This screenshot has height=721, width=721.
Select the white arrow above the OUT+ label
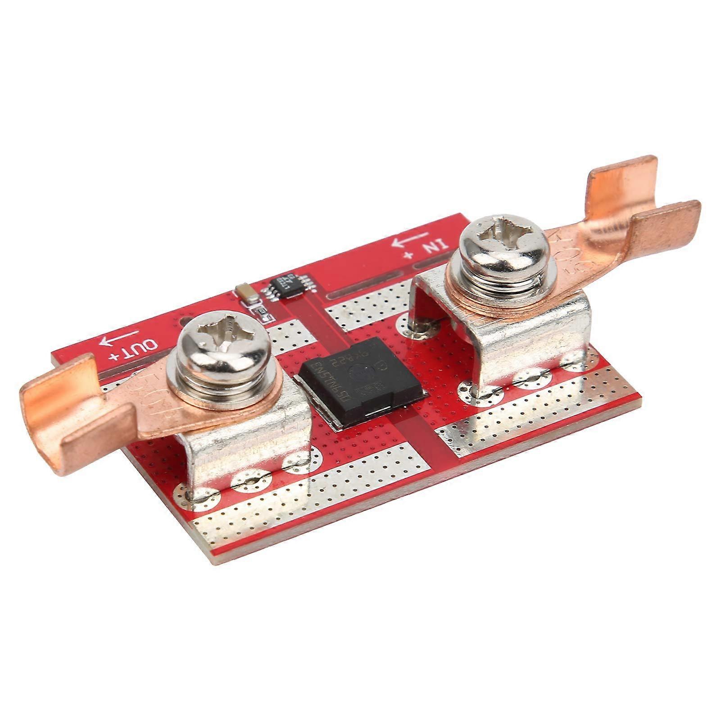point(119,337)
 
